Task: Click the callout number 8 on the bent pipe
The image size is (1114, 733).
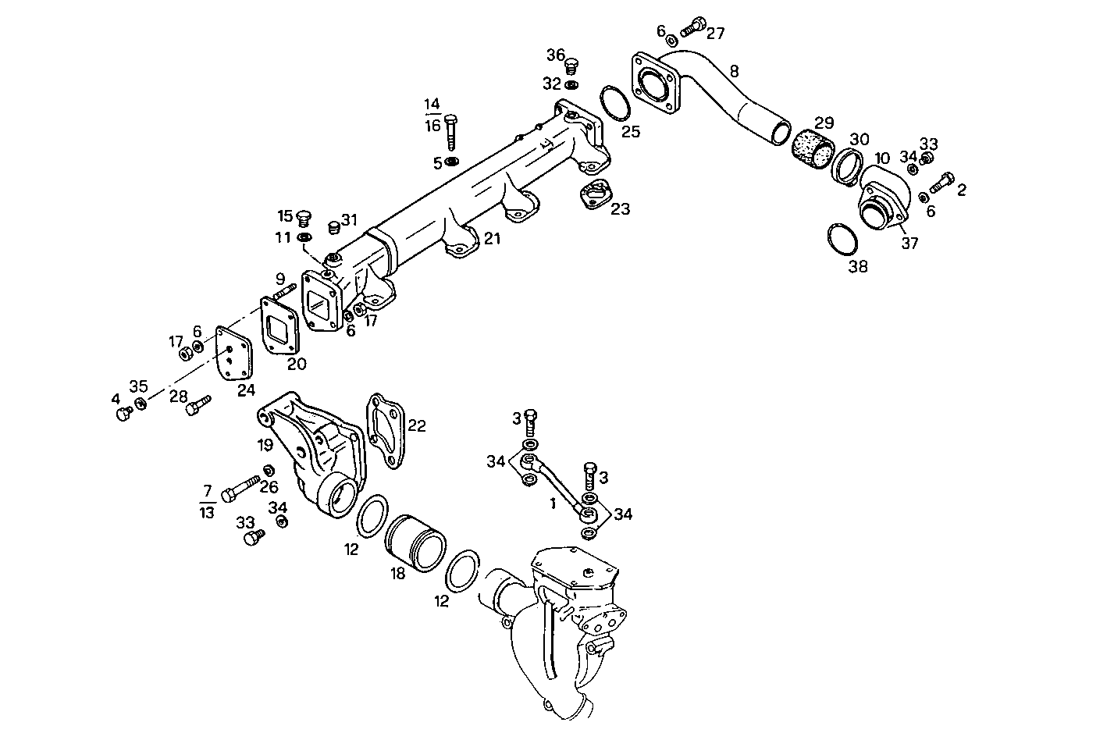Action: tap(733, 72)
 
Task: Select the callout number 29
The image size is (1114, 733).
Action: tap(824, 123)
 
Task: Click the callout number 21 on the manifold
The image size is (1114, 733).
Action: tap(492, 239)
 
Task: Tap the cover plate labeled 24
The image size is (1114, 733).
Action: tap(232, 355)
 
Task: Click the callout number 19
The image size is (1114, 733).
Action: tap(265, 446)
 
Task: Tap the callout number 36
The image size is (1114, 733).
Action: tap(555, 55)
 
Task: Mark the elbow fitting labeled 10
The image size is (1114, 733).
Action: tap(884, 199)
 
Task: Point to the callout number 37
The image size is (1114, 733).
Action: tap(909, 243)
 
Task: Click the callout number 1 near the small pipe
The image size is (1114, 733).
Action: tap(552, 504)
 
